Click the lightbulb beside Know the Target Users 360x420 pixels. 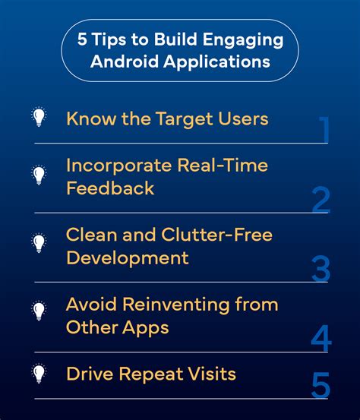[x=39, y=117]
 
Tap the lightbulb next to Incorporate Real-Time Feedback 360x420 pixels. [x=39, y=174]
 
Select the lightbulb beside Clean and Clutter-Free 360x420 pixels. [x=39, y=243]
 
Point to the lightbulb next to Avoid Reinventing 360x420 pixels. [x=39, y=311]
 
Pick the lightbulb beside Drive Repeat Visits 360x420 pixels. [x=39, y=373]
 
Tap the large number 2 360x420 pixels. [x=321, y=199]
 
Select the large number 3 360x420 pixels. [x=321, y=269]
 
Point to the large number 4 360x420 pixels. [x=321, y=339]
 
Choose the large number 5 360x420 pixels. [x=321, y=384]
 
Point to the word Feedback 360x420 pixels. [x=110, y=188]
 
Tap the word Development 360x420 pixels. [x=128, y=257]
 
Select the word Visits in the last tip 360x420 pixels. [x=209, y=374]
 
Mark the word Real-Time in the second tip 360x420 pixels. [x=223, y=165]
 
